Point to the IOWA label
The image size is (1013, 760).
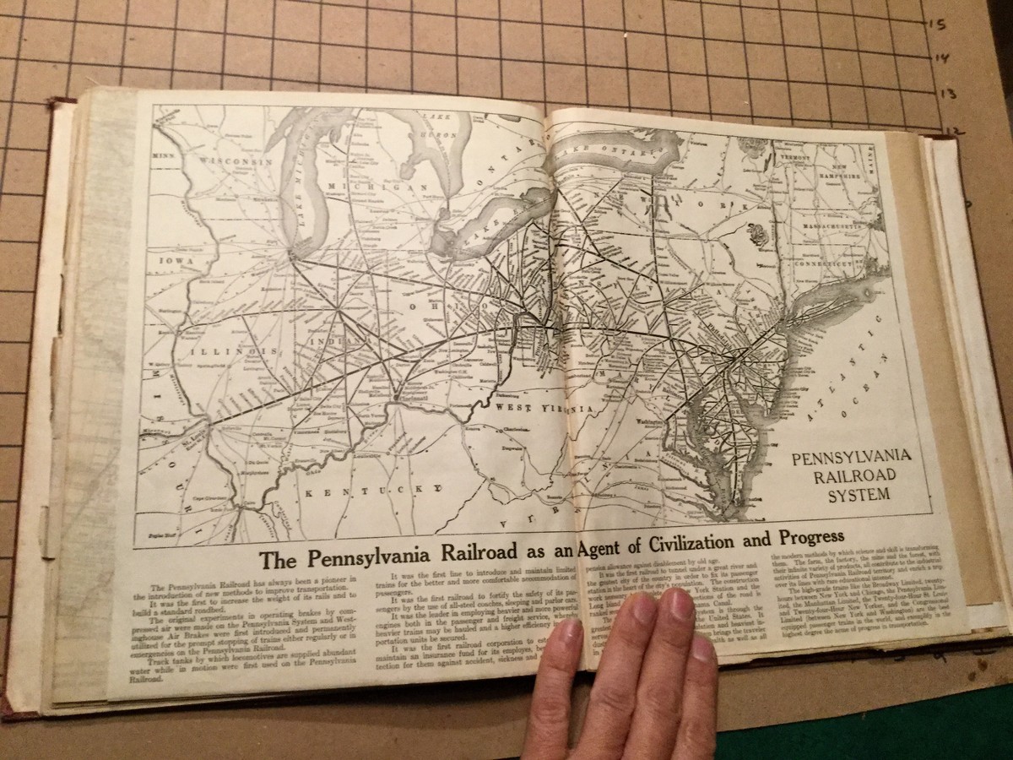point(171,262)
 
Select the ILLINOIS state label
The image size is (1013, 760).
point(230,350)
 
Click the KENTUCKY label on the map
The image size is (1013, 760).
point(372,489)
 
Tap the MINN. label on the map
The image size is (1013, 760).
point(161,156)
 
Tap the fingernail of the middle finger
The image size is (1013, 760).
point(676,605)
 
